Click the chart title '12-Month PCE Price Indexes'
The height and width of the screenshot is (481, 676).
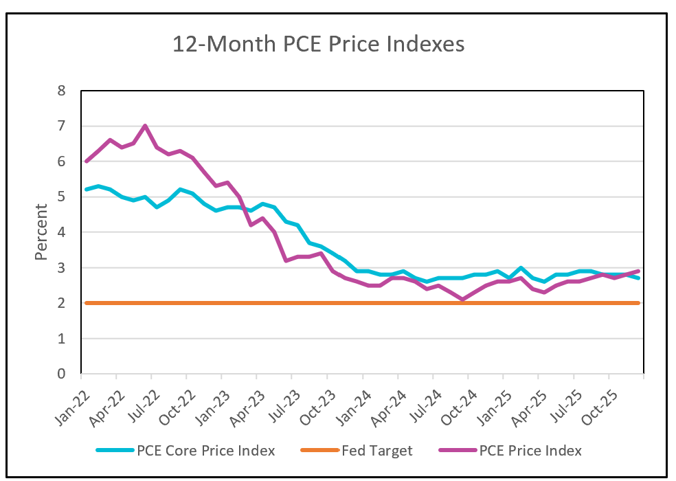[318, 44]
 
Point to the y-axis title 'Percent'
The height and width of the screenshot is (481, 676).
[41, 232]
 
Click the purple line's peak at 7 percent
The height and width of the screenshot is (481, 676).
[145, 126]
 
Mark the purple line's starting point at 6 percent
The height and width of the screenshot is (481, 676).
[84, 161]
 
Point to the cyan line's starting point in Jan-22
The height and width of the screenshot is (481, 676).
[84, 190]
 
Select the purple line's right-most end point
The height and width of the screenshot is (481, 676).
[639, 271]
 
